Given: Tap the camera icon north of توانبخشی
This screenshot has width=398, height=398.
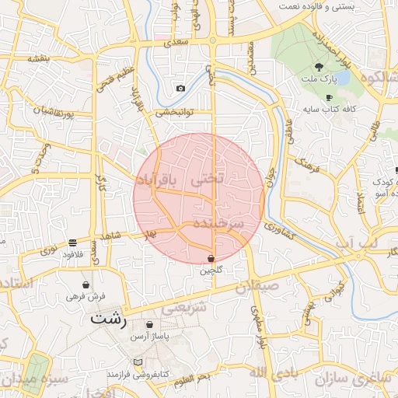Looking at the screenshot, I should click(x=180, y=89).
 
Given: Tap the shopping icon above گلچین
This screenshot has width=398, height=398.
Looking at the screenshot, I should click(x=211, y=258).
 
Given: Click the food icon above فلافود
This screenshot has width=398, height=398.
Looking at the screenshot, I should click(x=72, y=243).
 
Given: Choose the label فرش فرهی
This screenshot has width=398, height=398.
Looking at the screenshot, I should click(x=85, y=296).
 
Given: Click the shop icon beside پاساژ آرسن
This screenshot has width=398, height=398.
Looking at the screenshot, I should click(x=149, y=325).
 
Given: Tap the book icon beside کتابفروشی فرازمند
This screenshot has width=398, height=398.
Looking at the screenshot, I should click(x=138, y=362).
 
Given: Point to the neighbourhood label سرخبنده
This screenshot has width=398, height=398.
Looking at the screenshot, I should click(x=218, y=224).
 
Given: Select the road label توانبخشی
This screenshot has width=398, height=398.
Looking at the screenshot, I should click(x=175, y=113).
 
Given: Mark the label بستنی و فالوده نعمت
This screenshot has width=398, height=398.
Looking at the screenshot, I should click(x=348, y=6).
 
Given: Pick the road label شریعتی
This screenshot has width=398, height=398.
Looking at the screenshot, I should click(x=187, y=306).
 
